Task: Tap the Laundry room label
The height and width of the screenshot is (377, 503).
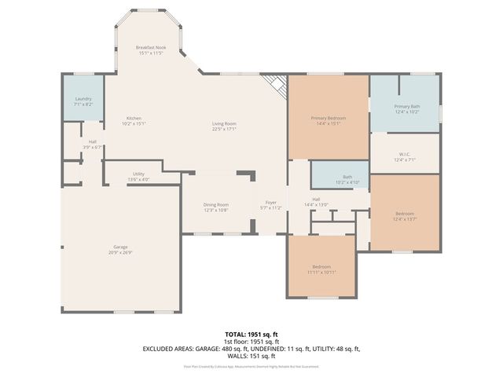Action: (x=83, y=101)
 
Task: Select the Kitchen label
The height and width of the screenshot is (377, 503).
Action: (x=134, y=121)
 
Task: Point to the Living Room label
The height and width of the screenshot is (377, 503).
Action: (x=224, y=126)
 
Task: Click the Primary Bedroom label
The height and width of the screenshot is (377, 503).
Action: (x=329, y=120)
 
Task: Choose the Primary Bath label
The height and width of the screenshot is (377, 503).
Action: (x=407, y=108)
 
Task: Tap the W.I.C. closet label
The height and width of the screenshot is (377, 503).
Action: (x=406, y=156)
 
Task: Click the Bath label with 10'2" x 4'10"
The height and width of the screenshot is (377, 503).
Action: (x=347, y=179)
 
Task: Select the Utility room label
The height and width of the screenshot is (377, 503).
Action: (x=138, y=176)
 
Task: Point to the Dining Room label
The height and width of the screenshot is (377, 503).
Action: (x=216, y=207)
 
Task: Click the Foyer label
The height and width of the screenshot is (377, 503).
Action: (x=270, y=205)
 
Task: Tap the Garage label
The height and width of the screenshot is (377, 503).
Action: (x=121, y=249)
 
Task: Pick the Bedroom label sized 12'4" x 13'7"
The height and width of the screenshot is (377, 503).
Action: (x=405, y=215)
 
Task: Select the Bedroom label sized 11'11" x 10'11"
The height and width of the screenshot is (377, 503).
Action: (x=321, y=269)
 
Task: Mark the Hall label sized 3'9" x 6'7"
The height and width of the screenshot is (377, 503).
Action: (x=93, y=144)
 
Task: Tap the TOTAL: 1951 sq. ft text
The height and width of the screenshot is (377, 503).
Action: (x=251, y=334)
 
